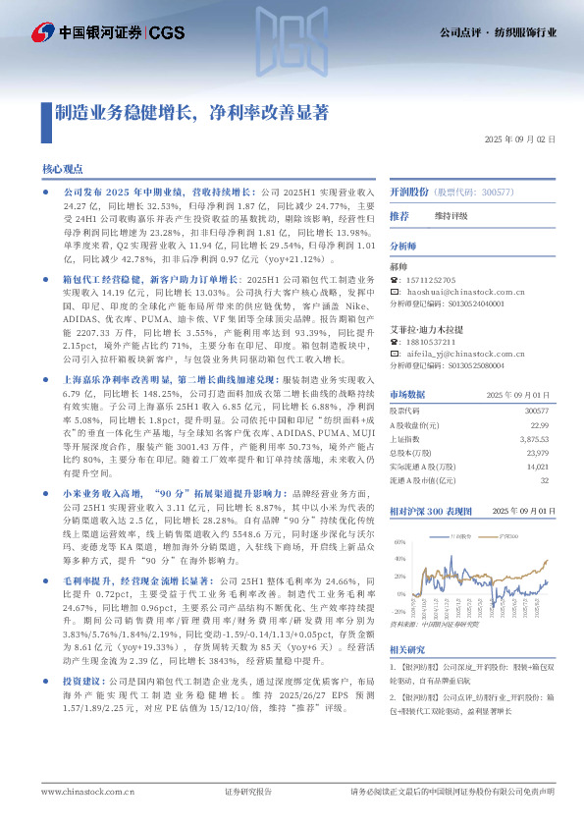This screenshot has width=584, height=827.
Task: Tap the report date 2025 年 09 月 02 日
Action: [519, 140]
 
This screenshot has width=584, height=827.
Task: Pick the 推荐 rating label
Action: [398, 215]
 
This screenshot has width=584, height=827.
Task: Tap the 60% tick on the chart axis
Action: [398, 541]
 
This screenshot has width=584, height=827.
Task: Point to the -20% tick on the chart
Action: [398, 583]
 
